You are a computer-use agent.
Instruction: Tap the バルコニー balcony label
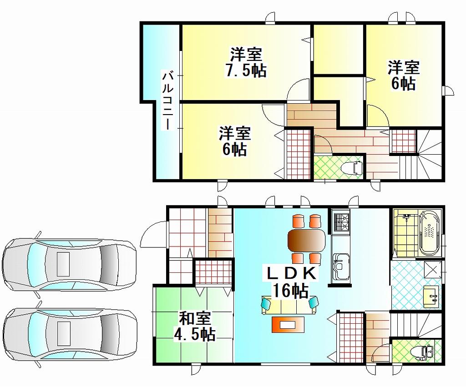click(167, 100)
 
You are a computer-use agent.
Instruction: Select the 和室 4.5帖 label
click(195, 326)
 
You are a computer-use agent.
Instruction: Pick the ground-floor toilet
click(422, 352)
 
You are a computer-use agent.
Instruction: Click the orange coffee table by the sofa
click(288, 325)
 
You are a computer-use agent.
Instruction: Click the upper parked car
click(69, 264)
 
